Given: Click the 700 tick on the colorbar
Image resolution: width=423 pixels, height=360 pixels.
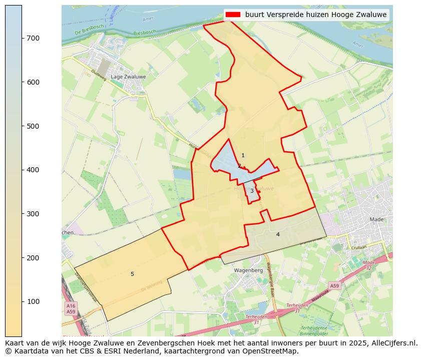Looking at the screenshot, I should pos(22,38).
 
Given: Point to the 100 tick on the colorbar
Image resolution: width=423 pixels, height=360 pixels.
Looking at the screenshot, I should pos(22,301).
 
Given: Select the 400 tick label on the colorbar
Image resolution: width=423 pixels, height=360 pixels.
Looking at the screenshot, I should pos(33,170).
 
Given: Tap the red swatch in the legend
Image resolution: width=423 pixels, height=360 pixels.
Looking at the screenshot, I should pos(233,15).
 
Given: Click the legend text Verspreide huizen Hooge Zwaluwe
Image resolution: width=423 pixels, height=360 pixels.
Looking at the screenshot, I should pos(315,15).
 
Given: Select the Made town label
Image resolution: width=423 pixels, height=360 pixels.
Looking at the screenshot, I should pos(376,219).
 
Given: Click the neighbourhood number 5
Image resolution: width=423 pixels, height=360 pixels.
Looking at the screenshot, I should pos(132,274).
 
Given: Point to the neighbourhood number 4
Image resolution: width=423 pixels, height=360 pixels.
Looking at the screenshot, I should pos(278,234).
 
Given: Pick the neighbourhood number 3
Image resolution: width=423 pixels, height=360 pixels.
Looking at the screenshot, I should pos(252,191).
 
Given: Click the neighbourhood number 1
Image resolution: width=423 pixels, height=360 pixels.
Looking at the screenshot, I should pos(243,156).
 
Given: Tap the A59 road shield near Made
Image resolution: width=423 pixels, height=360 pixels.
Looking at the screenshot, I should pos(334,285).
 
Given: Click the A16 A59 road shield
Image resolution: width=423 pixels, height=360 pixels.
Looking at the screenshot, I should pos(71,308).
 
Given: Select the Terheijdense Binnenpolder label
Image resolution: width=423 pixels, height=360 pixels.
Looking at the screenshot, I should pos(314,330).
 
